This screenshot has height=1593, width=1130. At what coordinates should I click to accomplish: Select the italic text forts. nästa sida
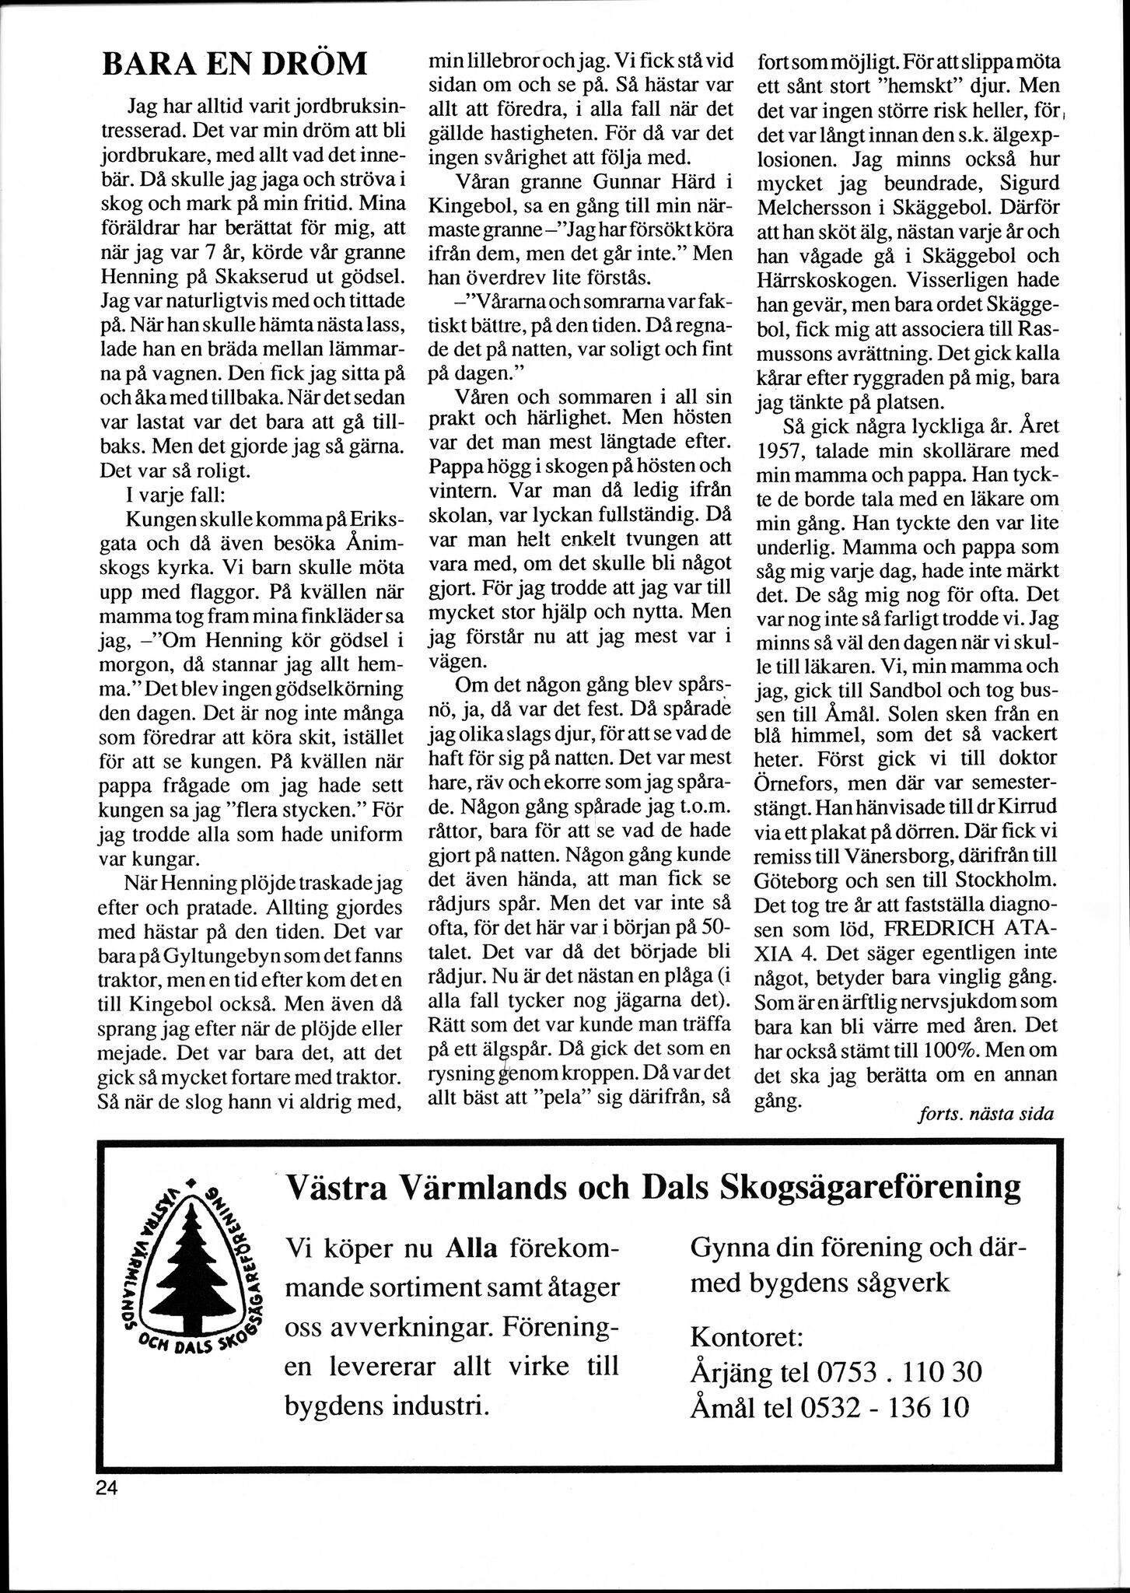(x=985, y=1113)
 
